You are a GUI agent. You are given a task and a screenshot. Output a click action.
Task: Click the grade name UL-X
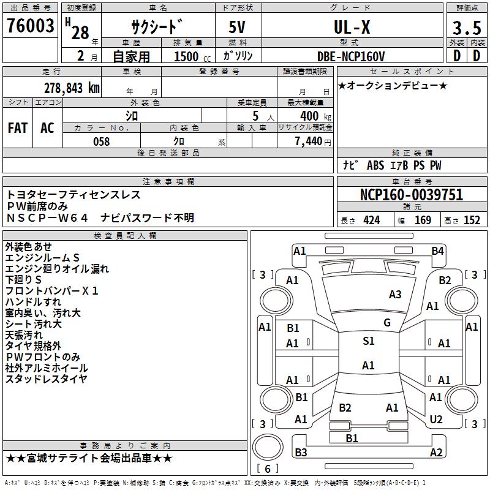point(351,28)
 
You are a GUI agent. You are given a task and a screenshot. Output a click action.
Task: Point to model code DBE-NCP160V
point(351,56)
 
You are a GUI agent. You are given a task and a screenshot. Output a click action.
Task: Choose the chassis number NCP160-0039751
point(412,195)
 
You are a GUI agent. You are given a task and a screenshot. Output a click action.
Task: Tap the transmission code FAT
point(17,128)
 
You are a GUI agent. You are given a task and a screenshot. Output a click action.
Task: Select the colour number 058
point(101,141)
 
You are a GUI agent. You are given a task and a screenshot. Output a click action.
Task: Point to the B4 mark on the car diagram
point(437,251)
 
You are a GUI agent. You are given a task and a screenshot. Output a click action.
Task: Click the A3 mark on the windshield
point(395,295)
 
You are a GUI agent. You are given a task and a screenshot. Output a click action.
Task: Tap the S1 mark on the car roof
point(368,341)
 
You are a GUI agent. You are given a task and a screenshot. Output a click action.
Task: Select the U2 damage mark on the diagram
point(436,420)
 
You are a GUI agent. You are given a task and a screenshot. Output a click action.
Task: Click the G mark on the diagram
point(386,323)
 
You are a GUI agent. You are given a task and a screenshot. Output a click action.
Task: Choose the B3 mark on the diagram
point(301,453)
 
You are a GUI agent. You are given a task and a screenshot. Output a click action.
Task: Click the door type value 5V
point(238,28)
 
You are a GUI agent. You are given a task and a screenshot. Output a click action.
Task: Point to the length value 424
point(371,221)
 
